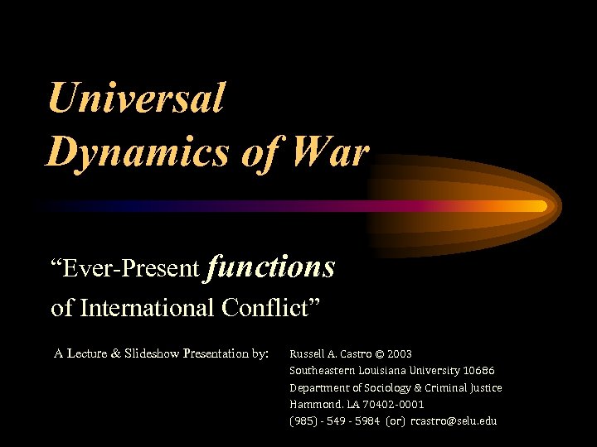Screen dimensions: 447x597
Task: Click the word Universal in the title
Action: pos(136,98)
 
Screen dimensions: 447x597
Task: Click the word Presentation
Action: pos(230,353)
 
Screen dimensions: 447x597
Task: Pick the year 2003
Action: pos(399,353)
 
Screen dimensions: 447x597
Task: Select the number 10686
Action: pos(480,370)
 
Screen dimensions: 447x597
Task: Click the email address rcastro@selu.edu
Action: pos(454,421)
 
